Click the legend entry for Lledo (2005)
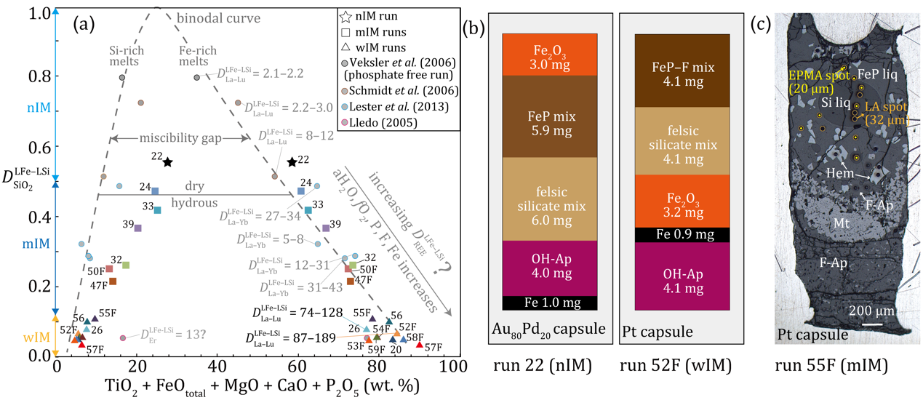(399, 123)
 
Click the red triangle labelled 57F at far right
(419, 344)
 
